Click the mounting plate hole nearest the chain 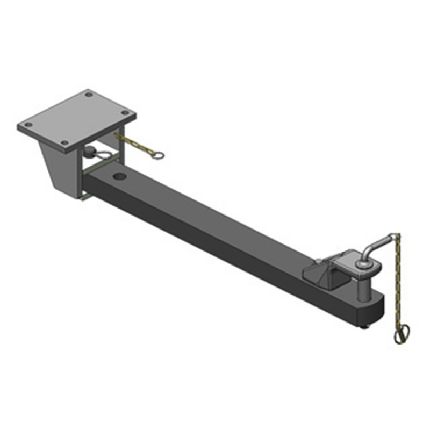pyautogui.click(x=126, y=113)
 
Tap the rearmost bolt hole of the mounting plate pyautogui.click(x=89, y=95)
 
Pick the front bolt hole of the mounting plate pyautogui.click(x=64, y=143)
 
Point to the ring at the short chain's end pyautogui.click(x=157, y=157)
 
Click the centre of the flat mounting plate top pyautogui.click(x=76, y=119)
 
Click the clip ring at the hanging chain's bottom pyautogui.click(x=401, y=334)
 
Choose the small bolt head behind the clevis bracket pyautogui.click(x=319, y=262)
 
